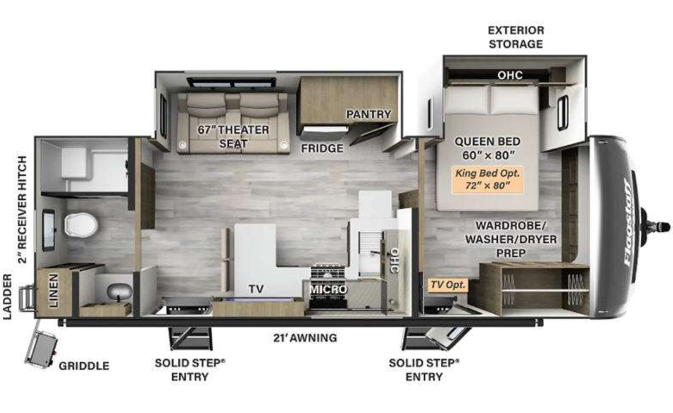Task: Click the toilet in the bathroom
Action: tap(81, 224)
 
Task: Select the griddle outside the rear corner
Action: tap(42, 350)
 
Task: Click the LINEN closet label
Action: tap(53, 291)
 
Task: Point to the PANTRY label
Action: tap(369, 114)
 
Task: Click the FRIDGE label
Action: tap(322, 148)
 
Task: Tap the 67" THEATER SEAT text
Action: tap(233, 136)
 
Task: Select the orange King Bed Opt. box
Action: tap(487, 179)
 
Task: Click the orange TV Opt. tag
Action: tap(448, 284)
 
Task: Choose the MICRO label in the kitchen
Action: tap(328, 290)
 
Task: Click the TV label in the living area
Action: tap(256, 289)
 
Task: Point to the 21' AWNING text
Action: tap(305, 338)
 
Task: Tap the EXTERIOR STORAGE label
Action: tap(516, 37)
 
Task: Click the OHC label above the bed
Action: tap(510, 75)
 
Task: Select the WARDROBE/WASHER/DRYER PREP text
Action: tap(511, 239)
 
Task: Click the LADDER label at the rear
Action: tap(7, 297)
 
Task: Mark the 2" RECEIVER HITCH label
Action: tap(22, 210)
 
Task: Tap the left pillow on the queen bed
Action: tap(467, 99)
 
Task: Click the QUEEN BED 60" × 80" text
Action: tap(487, 148)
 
